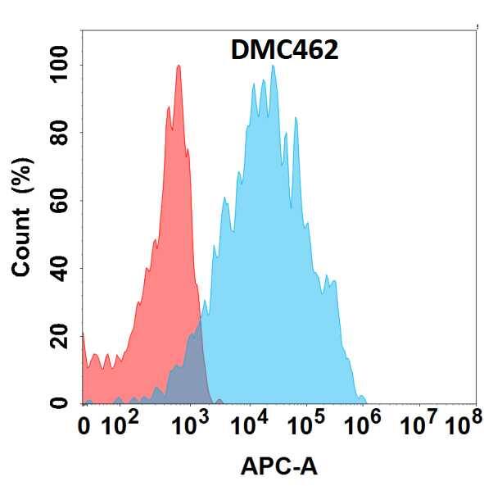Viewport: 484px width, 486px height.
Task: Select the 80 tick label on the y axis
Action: (60, 133)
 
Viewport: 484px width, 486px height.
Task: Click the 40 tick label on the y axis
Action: (60, 268)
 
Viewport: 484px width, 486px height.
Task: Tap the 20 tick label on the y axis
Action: (60, 336)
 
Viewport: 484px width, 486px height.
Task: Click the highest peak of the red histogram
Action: (178, 66)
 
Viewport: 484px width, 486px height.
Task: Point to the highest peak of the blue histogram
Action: (273, 66)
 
